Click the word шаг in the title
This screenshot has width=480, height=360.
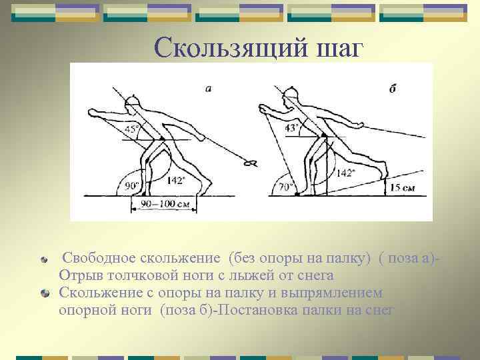pyautogui.click(x=337, y=47)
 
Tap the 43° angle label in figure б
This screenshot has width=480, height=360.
pyautogui.click(x=292, y=128)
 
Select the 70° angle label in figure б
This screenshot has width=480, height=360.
pyautogui.click(x=287, y=188)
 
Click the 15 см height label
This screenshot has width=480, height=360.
pyautogui.click(x=403, y=189)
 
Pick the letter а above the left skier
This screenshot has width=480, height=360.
pyautogui.click(x=209, y=88)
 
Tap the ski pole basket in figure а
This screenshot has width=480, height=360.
pyautogui.click(x=251, y=162)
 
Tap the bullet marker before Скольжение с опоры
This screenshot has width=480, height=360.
pyautogui.click(x=43, y=293)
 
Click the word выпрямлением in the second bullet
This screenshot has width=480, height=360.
pyautogui.click(x=332, y=292)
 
